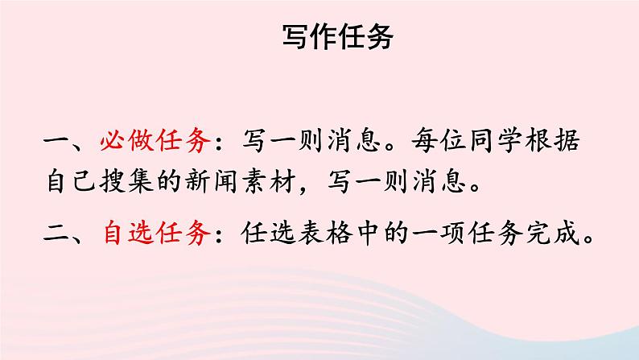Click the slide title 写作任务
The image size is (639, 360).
[x=338, y=35]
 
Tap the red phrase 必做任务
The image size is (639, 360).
[x=156, y=143]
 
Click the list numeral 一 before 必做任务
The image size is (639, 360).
[x=58, y=143]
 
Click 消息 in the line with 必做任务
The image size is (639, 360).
[x=354, y=143]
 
